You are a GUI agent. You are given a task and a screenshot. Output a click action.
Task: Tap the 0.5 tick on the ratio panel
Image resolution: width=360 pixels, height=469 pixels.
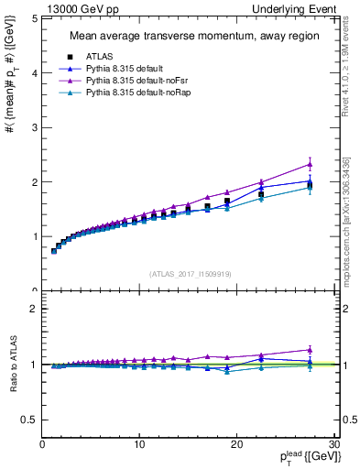[x=31, y=419]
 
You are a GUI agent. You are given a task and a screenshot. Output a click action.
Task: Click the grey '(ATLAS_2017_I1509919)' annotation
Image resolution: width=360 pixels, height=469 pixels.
[x=191, y=273]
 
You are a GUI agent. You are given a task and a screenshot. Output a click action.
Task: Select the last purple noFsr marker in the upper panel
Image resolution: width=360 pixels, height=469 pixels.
[x=310, y=164]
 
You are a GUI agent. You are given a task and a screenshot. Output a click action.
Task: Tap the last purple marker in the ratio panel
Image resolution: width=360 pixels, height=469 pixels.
[x=310, y=349]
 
